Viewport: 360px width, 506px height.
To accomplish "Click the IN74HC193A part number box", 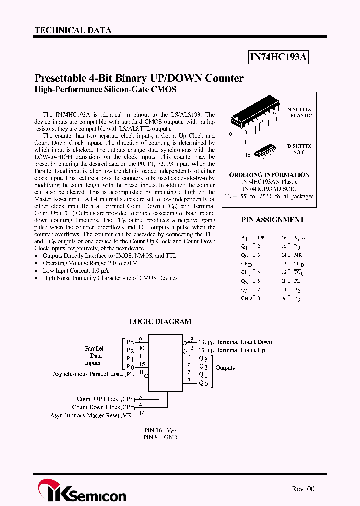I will (x=278, y=58).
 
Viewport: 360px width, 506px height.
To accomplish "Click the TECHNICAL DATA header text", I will (x=73, y=30).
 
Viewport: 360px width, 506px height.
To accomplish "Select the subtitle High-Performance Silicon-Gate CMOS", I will (x=105, y=90).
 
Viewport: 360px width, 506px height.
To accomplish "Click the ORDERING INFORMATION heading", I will (x=269, y=175).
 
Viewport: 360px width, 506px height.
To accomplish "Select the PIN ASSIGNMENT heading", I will (x=272, y=219).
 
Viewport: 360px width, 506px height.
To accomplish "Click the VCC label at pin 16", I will (x=299, y=239).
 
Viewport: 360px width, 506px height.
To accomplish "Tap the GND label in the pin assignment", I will (x=245, y=298).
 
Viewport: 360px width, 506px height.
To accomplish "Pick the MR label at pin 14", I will (x=298, y=255).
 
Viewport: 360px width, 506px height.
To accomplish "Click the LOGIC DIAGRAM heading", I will (x=160, y=322).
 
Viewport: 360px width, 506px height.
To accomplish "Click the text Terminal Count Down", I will (x=244, y=342).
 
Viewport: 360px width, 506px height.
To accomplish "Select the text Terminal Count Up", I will (x=241, y=350).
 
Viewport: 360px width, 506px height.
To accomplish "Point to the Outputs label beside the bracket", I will (x=225, y=368).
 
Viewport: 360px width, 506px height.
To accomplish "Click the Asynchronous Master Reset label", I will (x=85, y=415).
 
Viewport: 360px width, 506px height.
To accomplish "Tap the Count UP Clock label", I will (x=98, y=399).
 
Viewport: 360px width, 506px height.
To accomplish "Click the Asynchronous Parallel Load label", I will (x=88, y=374).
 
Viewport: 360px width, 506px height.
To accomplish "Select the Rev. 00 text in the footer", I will (x=303, y=489).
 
